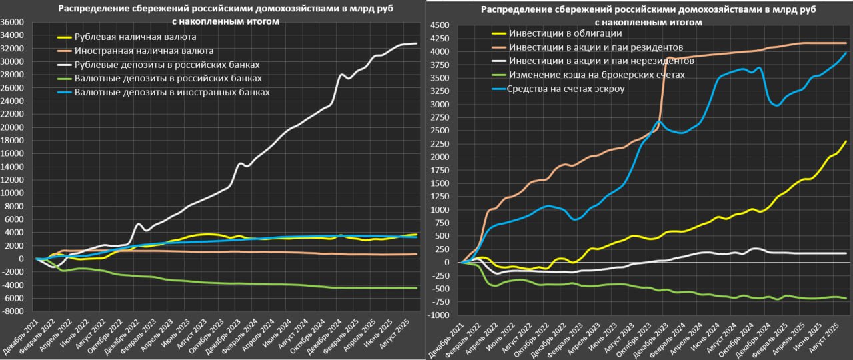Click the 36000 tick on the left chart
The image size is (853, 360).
pos(13,22)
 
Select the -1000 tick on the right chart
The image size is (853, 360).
pos(440,315)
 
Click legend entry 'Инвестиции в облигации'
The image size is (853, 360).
pos(565,33)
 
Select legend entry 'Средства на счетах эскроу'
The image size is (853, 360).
pos(566,89)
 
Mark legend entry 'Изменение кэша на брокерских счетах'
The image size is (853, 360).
pos(596,75)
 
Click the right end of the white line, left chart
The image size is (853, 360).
pos(417,43)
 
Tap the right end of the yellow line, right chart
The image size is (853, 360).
pos(846,141)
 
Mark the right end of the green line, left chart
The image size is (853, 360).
pos(417,288)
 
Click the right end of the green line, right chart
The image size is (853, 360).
pos(846,298)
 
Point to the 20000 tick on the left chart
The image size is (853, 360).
pos(13,127)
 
